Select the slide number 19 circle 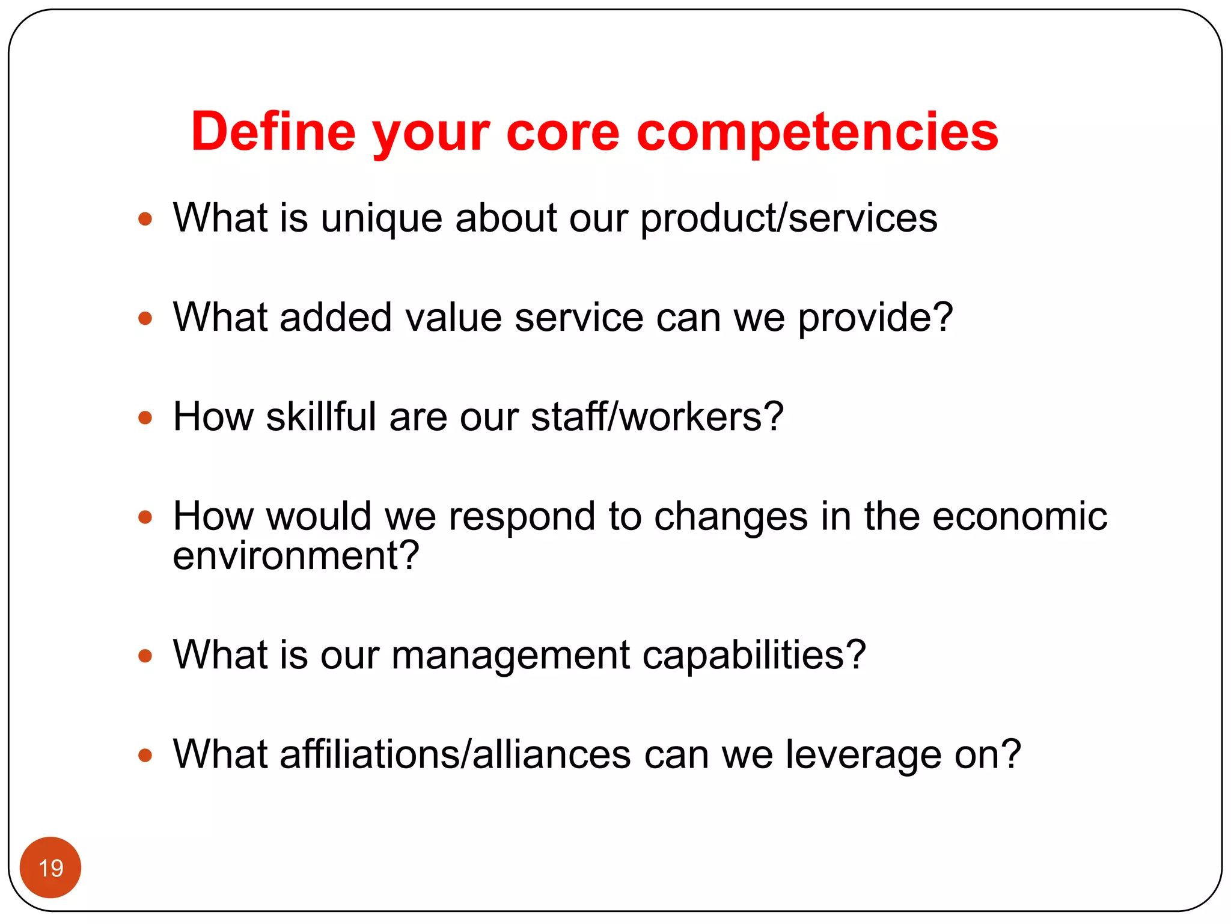click(50, 867)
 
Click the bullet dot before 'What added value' click(145, 318)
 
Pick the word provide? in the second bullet click(875, 318)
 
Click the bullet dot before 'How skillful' click(145, 417)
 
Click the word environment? click(296, 555)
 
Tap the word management click(510, 655)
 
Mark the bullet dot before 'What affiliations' click(145, 754)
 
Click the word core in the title click(563, 132)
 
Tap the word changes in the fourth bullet click(730, 517)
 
